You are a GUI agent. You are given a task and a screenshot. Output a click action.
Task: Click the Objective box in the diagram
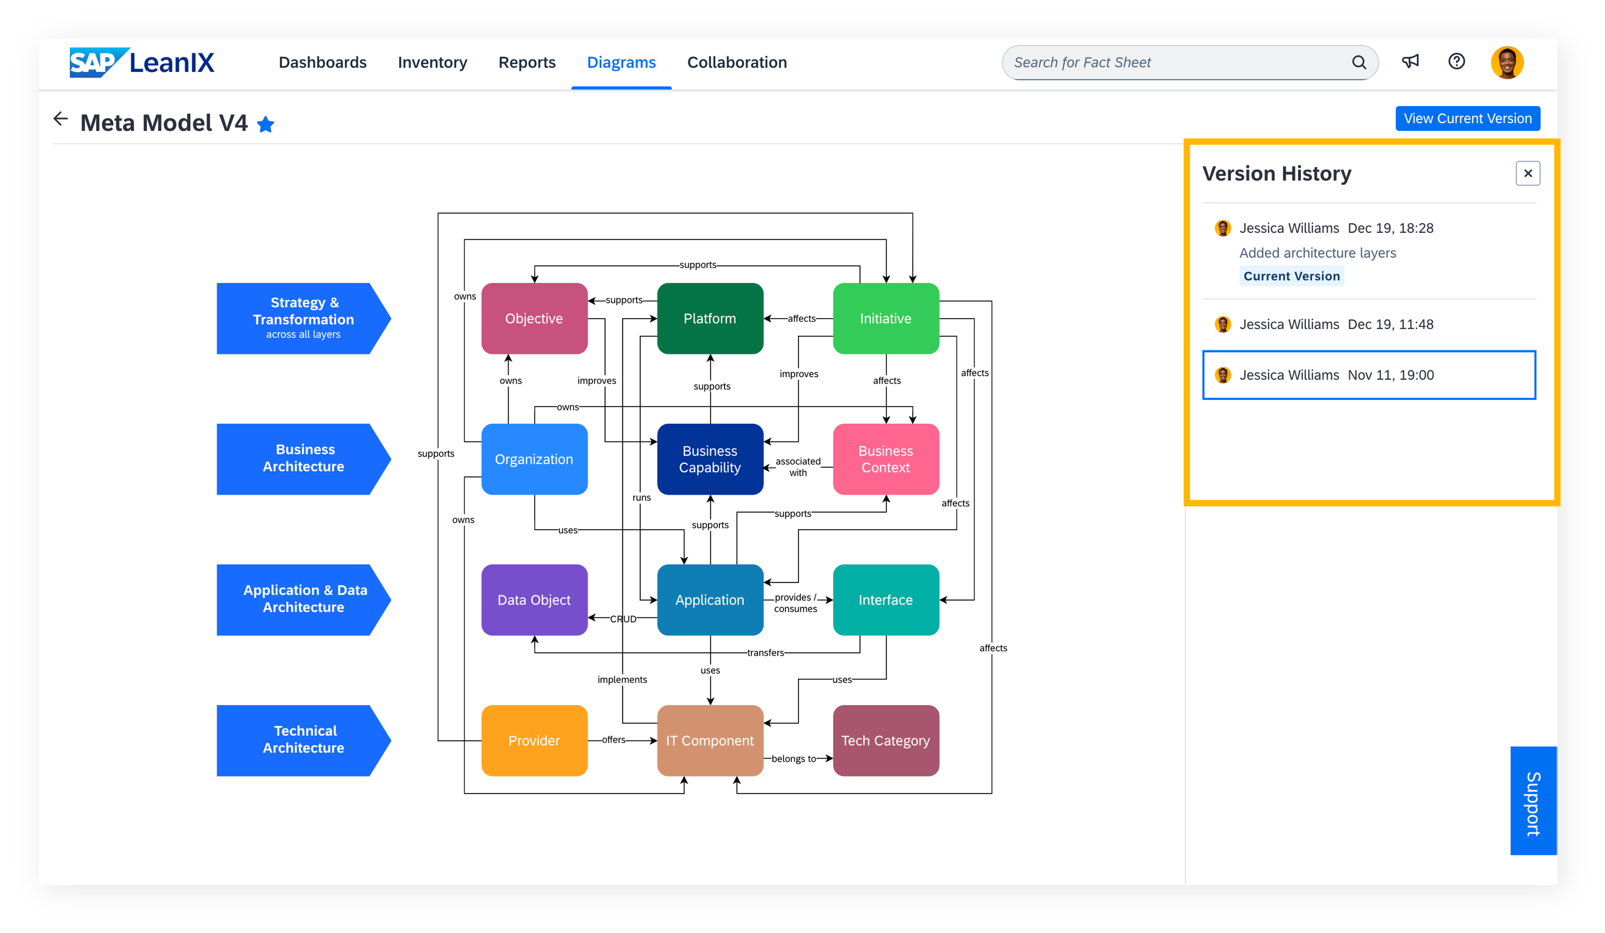[534, 318]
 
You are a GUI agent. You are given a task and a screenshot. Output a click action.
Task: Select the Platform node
[710, 318]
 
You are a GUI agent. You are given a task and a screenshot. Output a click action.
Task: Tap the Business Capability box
[710, 459]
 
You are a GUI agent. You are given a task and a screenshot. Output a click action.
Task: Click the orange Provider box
[534, 741]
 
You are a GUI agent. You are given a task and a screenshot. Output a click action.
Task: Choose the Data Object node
[534, 600]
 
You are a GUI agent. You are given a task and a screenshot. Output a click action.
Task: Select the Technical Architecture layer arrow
[303, 741]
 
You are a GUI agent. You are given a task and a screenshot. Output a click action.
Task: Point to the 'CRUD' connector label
[623, 618]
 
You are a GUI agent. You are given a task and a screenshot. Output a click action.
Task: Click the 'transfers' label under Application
[765, 653]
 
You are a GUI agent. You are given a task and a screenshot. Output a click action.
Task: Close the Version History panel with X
[1527, 173]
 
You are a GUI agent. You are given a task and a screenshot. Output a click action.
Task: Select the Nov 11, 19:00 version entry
[1368, 375]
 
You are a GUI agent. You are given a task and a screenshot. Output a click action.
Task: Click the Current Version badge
[1292, 276]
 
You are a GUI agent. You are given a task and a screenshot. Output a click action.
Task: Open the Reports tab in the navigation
[527, 62]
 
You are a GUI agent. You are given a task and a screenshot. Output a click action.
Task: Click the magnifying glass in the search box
[1359, 62]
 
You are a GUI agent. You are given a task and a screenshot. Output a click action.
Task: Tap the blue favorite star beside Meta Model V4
[265, 124]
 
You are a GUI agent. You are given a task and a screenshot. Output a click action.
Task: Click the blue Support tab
[1533, 801]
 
